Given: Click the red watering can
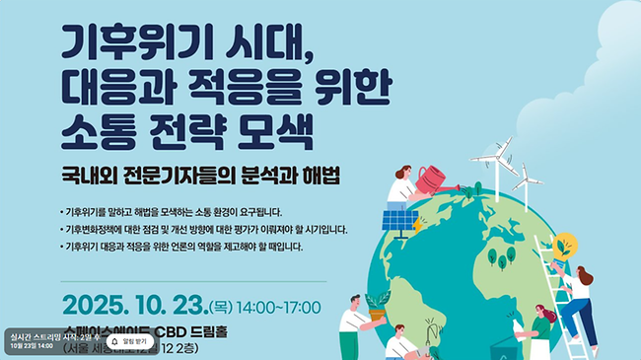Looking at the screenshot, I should tap(431, 180).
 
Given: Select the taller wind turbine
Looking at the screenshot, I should tap(493, 162).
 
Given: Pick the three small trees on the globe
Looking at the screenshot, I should tap(502, 258).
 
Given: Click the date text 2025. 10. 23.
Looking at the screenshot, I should tap(133, 300).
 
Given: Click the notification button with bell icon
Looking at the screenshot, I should tap(129, 341).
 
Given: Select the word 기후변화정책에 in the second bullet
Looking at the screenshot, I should tap(93, 229).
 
